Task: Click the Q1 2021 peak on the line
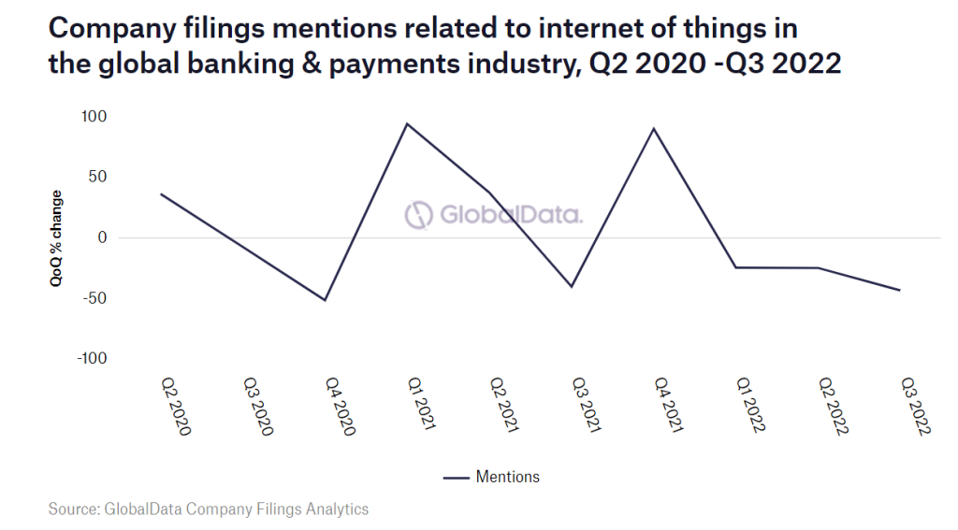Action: pyautogui.click(x=407, y=123)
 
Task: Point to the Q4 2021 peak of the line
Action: pyautogui.click(x=653, y=128)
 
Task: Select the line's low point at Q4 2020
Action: pyautogui.click(x=325, y=300)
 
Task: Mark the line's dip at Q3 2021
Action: pyautogui.click(x=572, y=287)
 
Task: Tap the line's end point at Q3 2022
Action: pyautogui.click(x=900, y=291)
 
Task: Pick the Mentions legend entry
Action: pyautogui.click(x=492, y=477)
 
